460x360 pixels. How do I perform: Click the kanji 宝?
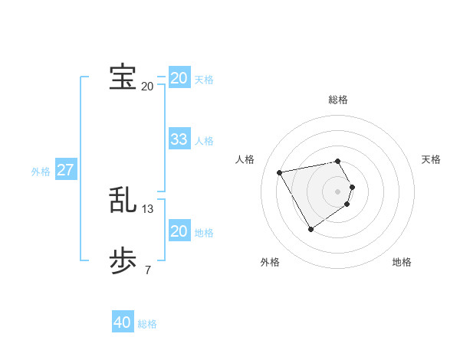click(123, 78)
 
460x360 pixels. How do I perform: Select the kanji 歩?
click(123, 261)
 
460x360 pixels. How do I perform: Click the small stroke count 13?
click(148, 208)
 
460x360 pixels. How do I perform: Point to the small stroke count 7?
click(148, 270)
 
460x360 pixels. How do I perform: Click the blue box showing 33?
click(179, 139)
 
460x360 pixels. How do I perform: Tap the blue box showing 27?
click(65, 170)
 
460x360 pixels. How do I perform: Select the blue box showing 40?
click(123, 322)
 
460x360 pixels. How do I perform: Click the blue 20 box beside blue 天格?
click(179, 78)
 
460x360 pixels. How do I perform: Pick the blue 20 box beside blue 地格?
click(179, 231)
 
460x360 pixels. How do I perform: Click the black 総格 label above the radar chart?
click(338, 100)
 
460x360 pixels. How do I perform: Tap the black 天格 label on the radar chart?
click(432, 159)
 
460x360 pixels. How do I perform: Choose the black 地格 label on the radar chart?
click(402, 262)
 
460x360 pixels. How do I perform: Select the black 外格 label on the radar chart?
click(270, 262)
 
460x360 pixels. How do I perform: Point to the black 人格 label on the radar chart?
click(245, 159)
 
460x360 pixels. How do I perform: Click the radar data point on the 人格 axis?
click(280, 172)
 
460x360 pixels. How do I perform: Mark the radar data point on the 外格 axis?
click(310, 228)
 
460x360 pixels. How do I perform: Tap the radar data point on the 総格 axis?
click(338, 161)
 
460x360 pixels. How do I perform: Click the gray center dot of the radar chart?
click(338, 191)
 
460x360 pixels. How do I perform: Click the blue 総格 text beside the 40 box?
click(147, 324)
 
